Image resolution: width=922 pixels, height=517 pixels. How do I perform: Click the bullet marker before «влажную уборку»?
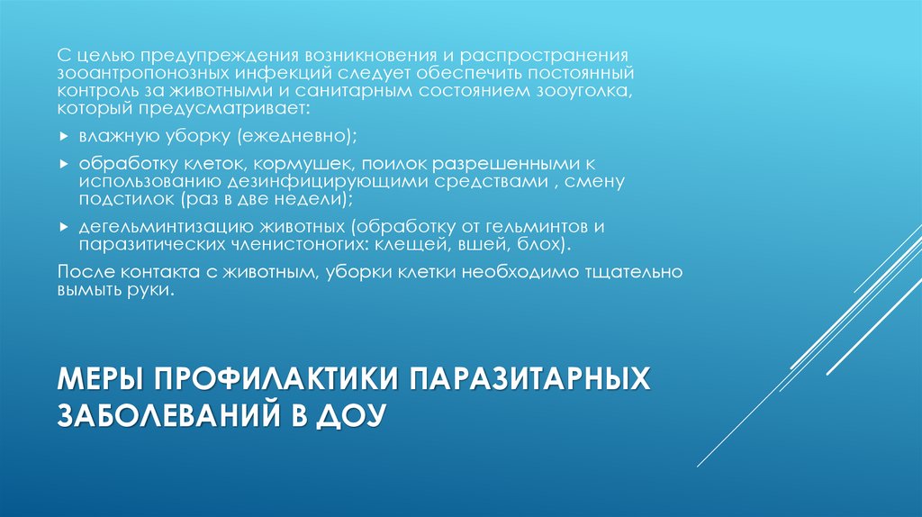[62, 137]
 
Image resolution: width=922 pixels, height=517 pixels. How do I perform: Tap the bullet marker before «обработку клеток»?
[62, 167]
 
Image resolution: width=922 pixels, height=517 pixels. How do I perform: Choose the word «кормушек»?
[304, 166]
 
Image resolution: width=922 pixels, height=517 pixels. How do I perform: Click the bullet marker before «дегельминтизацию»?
[62, 230]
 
